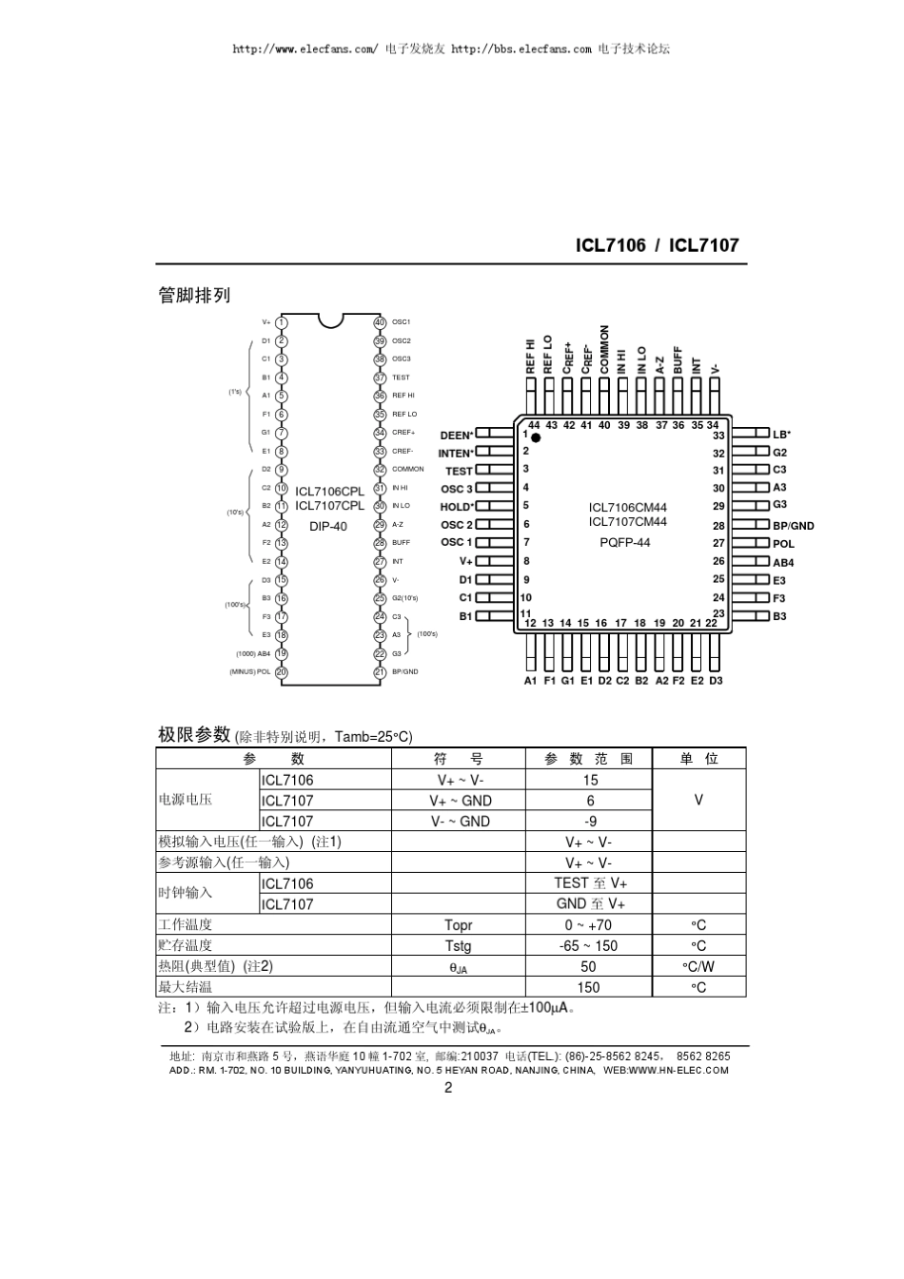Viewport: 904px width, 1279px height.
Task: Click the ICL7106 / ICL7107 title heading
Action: coord(657,245)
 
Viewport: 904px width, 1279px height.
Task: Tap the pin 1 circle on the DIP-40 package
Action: coord(282,322)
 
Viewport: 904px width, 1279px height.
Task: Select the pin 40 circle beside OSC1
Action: coord(380,322)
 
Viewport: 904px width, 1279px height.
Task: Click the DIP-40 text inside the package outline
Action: coord(328,526)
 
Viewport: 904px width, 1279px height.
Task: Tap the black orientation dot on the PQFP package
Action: coord(536,437)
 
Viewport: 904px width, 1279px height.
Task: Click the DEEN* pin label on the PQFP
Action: coord(457,436)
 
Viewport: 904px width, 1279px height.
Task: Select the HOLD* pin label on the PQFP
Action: coord(457,507)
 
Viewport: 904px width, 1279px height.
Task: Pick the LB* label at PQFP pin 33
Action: coord(781,435)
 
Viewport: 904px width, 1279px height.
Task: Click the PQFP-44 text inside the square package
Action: coord(625,543)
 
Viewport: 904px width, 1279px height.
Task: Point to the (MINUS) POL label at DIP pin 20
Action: coord(249,671)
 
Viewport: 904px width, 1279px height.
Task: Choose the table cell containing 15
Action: coord(590,780)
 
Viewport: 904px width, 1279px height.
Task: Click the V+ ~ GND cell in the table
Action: coord(460,801)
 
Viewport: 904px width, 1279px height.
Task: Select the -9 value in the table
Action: coord(590,822)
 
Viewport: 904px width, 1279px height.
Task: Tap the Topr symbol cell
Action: coord(459,925)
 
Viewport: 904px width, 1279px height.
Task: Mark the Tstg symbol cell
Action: coord(459,946)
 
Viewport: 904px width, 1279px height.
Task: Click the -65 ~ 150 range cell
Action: coord(589,946)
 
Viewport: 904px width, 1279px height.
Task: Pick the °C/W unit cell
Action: coord(698,967)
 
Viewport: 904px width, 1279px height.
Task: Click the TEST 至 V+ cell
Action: coord(590,883)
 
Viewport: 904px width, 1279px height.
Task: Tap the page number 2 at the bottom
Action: coord(448,1089)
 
